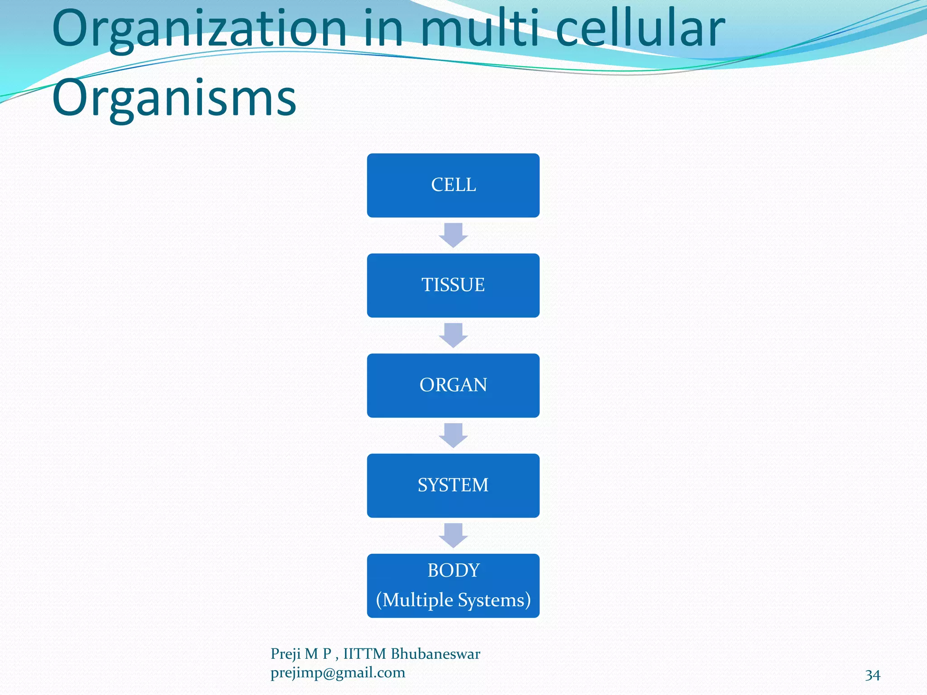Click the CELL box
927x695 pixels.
(453, 185)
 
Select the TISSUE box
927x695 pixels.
(453, 285)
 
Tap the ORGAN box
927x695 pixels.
(453, 385)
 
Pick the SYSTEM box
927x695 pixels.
(453, 485)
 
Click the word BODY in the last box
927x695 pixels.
(453, 570)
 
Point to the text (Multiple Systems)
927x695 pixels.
(453, 600)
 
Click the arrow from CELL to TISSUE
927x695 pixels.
(453, 235)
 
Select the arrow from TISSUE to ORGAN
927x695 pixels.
(453, 335)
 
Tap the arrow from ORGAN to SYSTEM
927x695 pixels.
(453, 435)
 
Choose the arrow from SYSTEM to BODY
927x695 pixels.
(453, 535)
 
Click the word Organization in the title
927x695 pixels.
(199, 29)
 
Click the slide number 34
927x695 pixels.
(872, 675)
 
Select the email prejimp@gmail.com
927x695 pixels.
(338, 673)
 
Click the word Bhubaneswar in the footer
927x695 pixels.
(435, 654)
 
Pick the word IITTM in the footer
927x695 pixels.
(364, 654)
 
